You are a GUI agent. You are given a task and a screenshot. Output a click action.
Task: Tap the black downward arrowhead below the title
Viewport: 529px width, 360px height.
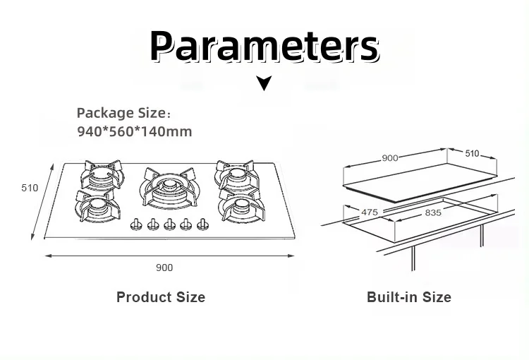point(264,84)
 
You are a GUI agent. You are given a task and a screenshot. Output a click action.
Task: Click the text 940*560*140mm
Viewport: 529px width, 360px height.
point(134,131)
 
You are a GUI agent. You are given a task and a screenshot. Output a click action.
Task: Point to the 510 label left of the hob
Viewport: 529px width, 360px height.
point(30,188)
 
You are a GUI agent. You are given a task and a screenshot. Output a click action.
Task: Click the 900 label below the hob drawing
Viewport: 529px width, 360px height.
point(164,268)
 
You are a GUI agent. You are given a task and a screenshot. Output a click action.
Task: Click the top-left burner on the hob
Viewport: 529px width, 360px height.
point(99,174)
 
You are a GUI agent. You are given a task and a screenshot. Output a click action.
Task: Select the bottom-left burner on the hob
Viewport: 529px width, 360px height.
point(97,206)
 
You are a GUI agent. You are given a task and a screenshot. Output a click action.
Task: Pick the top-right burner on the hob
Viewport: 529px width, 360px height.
point(237,174)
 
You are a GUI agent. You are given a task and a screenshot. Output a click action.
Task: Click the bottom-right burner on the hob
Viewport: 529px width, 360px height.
point(241,205)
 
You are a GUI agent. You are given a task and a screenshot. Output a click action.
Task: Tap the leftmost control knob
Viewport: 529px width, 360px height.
point(136,225)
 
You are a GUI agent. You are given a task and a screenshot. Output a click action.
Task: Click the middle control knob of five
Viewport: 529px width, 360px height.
point(169,225)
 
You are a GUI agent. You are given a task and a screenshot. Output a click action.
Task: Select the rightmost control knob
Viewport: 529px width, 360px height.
point(203,225)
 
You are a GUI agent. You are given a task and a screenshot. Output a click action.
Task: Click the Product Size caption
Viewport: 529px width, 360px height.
point(161,297)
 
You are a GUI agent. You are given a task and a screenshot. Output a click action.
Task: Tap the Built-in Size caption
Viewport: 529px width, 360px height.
point(408,297)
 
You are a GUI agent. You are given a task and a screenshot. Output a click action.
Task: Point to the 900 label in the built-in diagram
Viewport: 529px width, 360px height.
point(390,158)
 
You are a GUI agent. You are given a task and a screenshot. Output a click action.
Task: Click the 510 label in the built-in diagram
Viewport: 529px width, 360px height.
point(471,153)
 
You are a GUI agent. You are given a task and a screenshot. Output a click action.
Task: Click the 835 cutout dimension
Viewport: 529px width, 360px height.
point(433,212)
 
